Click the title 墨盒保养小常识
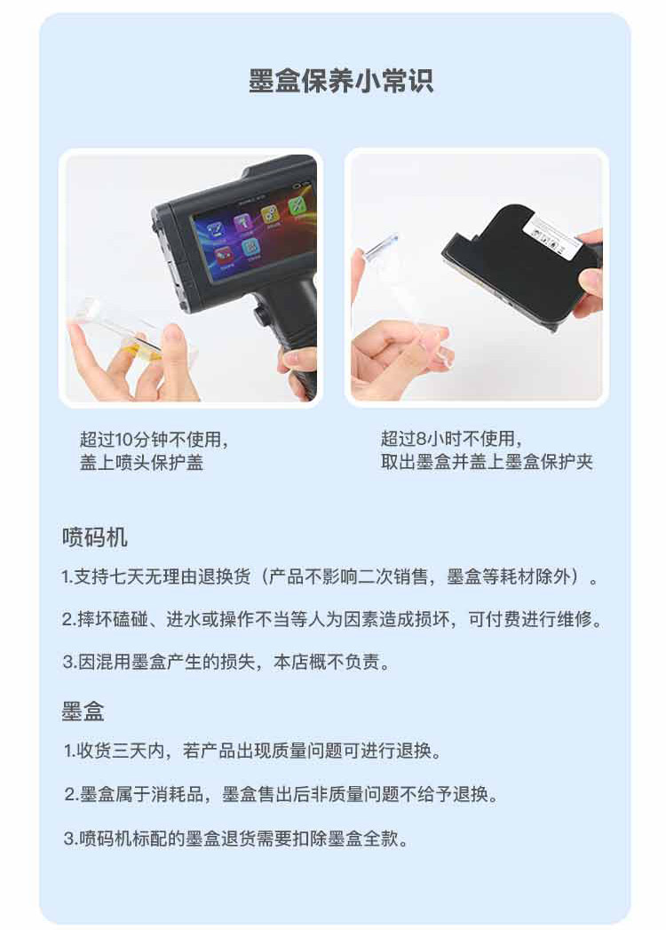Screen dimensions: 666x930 tap(340, 81)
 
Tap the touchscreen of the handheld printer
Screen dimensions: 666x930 tap(252, 231)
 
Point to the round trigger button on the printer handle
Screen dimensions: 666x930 tap(258, 314)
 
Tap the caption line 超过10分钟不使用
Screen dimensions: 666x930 tap(154, 440)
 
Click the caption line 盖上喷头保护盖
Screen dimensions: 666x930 tap(142, 463)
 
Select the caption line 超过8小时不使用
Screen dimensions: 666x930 tap(451, 439)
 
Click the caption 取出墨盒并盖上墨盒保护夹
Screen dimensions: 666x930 tap(487, 462)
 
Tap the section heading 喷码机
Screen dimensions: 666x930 tap(95, 537)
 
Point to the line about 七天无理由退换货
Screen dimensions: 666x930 tap(329, 576)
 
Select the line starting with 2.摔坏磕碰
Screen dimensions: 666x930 tap(332, 619)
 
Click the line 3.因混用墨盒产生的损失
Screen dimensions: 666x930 tap(226, 662)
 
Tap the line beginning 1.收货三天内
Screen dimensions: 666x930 tap(253, 751)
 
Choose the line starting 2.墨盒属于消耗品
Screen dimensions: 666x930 tap(281, 794)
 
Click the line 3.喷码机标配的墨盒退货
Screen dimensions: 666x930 tap(236, 839)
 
